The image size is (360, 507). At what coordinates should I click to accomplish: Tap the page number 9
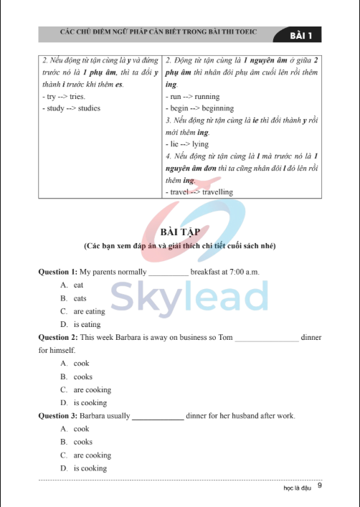pos(319,486)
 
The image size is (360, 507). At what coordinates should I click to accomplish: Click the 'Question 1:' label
pos(57,273)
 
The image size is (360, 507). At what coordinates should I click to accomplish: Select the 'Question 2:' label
pos(57,337)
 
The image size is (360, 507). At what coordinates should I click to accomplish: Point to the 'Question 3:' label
pos(57,416)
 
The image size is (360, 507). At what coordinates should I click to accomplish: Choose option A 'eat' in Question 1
pos(78,285)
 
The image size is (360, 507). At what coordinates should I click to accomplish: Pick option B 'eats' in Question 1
pos(80,298)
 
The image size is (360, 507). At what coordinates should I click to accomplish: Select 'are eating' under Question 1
pos(89,311)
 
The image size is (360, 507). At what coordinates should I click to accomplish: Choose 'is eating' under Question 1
pos(87,324)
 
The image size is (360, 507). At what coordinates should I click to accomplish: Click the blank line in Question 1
pos(168,274)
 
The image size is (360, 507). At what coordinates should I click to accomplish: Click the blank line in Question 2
pos(267,338)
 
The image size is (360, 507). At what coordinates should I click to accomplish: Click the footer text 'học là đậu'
pos(298,488)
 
